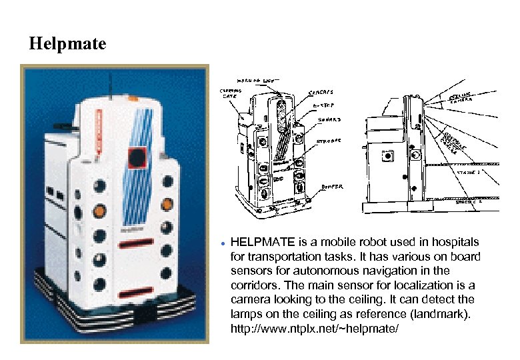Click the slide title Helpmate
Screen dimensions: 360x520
pos(67,45)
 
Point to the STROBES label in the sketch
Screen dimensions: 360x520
pos(328,141)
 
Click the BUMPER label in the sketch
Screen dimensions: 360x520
pos(331,188)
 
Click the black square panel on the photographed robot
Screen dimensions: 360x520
pos(137,157)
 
